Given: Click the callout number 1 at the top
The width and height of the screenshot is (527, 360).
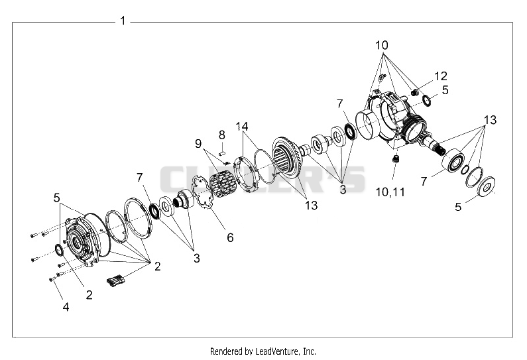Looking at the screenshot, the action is pos(123,21).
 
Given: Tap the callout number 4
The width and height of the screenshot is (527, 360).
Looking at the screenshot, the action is pos(66,306).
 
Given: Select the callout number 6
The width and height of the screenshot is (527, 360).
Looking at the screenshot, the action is pos(230,237).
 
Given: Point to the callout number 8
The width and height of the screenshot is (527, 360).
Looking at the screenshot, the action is pos(222,135).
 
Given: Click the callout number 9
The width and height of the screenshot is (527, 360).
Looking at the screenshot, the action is pos(198,143).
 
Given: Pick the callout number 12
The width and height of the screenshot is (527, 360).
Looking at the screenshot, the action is pos(441,76).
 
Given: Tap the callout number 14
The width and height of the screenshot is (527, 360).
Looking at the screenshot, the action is pos(242,127).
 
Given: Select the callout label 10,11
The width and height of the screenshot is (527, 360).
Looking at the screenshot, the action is pos(390,192).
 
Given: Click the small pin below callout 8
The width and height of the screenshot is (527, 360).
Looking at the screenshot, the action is pos(221,153).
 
